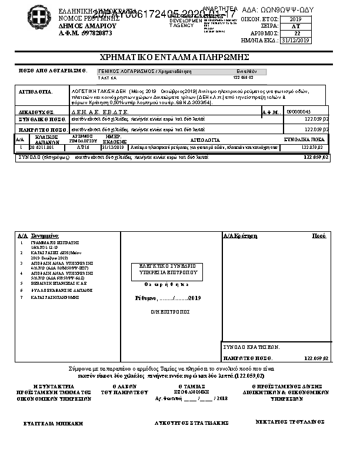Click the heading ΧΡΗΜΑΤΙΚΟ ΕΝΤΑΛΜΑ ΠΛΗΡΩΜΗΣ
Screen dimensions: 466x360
click(175, 57)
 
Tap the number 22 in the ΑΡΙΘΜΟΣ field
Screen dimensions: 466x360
click(296, 34)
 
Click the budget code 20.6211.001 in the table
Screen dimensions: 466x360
click(42, 147)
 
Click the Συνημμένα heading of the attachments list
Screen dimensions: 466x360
click(44, 235)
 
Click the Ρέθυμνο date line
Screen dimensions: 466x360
click(168, 298)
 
